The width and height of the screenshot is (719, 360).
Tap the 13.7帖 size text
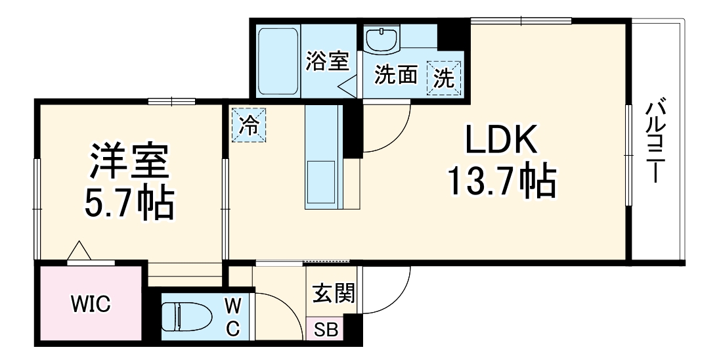(x=502, y=181)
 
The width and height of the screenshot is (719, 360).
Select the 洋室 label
(x=129, y=163)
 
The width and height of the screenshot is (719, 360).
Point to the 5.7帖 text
(x=129, y=206)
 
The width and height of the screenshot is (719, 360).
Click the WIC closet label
(x=91, y=304)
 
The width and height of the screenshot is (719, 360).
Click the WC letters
(x=233, y=317)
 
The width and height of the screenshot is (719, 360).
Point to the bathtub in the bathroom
(x=278, y=60)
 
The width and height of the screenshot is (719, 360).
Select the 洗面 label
(x=396, y=76)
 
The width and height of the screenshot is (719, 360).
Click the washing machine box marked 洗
(x=445, y=79)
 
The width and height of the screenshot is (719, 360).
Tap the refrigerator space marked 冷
(x=250, y=124)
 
